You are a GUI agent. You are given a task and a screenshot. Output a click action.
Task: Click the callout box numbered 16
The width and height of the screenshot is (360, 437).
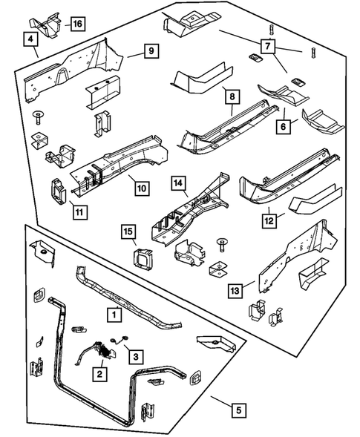pos(77,24)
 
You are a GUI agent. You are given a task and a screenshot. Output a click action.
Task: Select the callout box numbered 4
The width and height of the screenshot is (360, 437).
pos(30,40)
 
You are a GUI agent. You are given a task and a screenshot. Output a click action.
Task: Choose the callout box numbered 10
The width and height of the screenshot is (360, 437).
pos(141,188)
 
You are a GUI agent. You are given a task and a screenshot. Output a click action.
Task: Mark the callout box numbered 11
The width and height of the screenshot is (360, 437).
pos(79,212)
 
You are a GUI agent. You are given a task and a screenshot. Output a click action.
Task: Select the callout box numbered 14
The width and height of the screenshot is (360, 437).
pos(177,182)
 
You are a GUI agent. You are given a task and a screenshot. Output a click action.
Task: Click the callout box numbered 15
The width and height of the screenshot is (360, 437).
pos(130,234)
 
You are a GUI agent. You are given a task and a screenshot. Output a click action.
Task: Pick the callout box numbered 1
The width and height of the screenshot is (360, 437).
pos(114,315)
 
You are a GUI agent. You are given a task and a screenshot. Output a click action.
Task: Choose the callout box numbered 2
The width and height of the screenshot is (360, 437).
pos(98,375)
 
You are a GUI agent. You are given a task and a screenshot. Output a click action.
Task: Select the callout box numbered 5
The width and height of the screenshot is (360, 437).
pos(238,409)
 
